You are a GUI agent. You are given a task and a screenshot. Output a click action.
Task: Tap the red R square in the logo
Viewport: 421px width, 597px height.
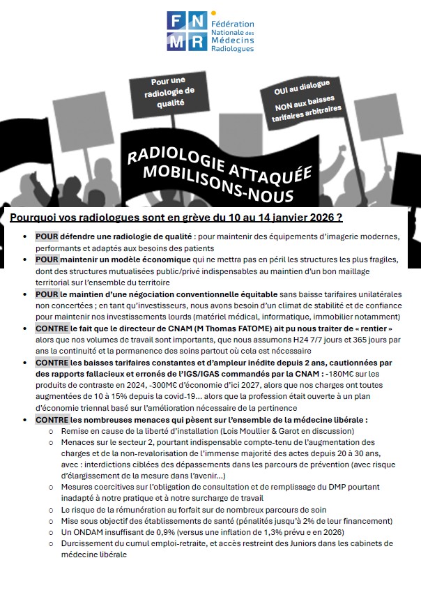197,41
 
